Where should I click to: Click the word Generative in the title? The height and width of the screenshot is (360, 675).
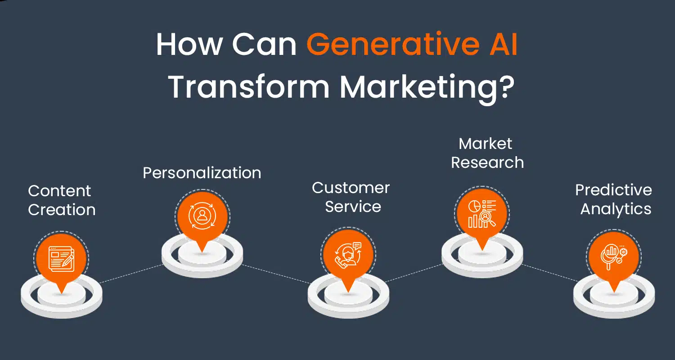(393, 44)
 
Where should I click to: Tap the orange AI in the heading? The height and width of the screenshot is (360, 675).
(504, 44)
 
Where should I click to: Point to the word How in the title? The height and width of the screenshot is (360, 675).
(189, 44)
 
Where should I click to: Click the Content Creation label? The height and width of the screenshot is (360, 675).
(62, 200)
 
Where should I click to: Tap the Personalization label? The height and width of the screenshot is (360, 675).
(202, 173)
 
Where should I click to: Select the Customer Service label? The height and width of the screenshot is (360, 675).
(351, 197)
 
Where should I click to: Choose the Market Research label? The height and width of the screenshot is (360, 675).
(487, 153)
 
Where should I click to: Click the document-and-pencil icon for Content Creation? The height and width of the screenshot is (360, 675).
(62, 259)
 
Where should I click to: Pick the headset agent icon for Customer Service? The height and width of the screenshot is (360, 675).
(348, 255)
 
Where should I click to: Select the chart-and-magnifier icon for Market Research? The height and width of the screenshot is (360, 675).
(482, 214)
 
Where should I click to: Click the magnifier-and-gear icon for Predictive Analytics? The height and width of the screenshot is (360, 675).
(614, 257)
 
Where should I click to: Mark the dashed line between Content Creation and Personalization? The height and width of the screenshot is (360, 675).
(131, 274)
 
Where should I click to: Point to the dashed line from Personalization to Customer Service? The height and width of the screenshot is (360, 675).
(276, 274)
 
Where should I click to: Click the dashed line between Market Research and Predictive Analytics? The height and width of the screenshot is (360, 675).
(549, 273)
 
